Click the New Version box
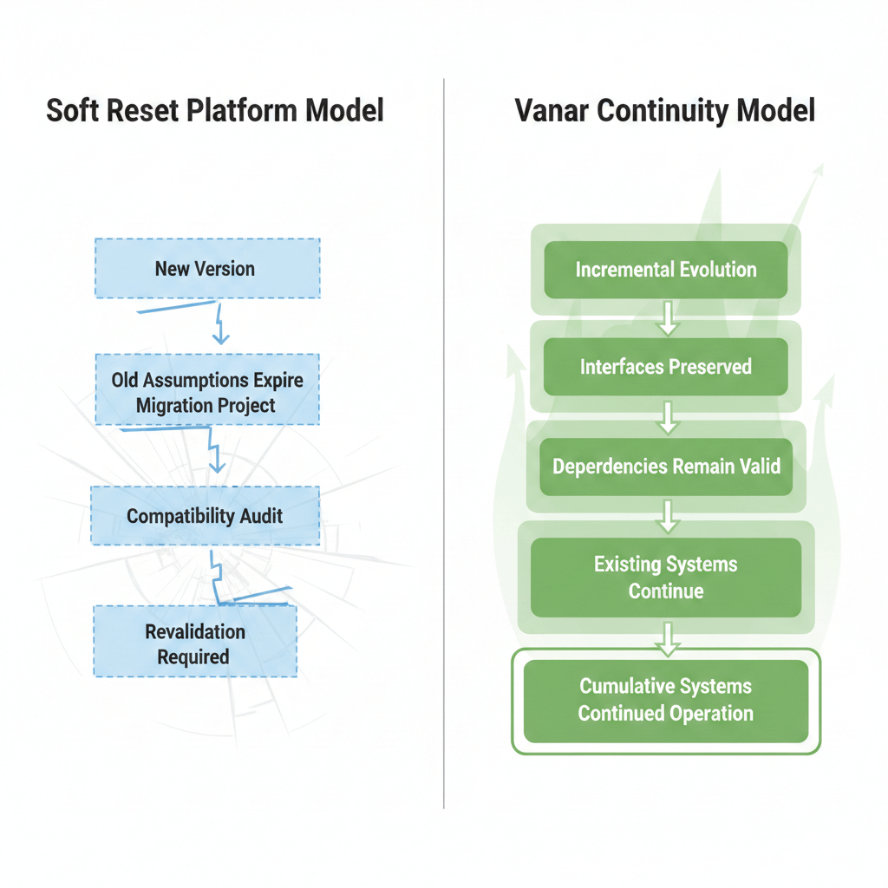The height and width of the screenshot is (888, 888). [x=206, y=268]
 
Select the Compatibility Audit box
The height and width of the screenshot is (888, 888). [x=205, y=516]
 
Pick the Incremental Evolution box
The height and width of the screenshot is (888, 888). [x=665, y=269]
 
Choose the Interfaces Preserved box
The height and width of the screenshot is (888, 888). [x=665, y=366]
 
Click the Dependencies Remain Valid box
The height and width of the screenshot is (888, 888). [x=665, y=466]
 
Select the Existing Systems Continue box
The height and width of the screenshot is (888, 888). [x=665, y=578]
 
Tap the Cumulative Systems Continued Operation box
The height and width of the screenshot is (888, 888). [x=665, y=700]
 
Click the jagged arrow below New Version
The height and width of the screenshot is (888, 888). [x=219, y=324]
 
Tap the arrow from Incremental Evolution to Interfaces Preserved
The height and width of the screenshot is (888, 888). [x=666, y=317]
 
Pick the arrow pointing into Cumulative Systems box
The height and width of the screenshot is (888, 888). [x=666, y=637]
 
